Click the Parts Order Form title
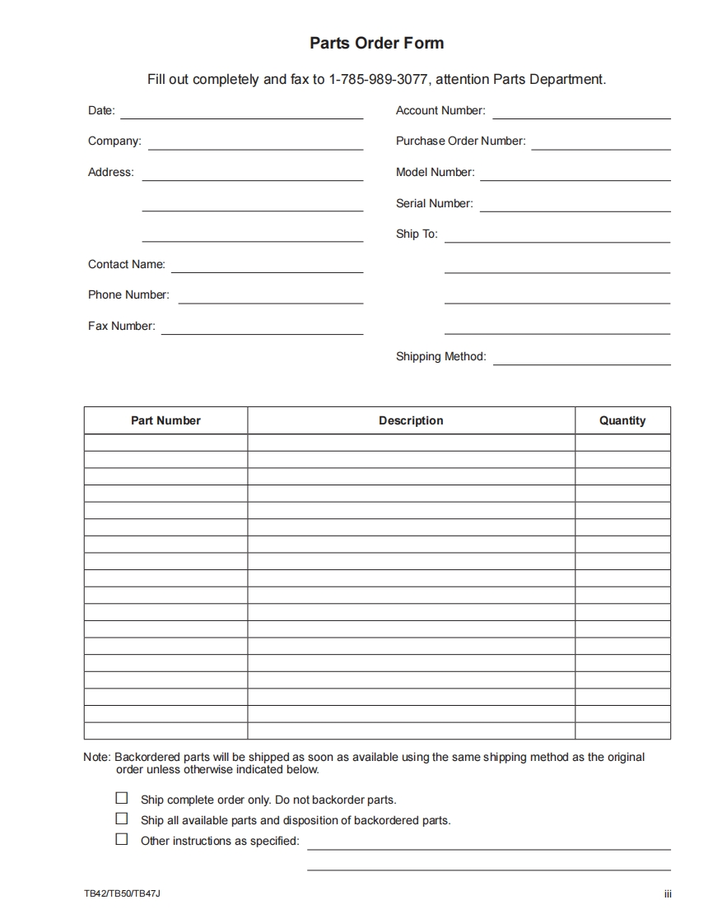coord(376,44)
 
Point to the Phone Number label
coord(128,295)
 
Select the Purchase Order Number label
coord(460,141)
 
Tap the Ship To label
coord(417,234)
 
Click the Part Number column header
coord(165,420)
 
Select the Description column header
coord(411,420)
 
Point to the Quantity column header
coord(622,420)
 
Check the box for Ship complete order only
coord(122,798)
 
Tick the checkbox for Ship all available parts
coord(122,819)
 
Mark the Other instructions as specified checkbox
coord(122,839)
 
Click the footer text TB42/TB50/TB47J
coord(122,893)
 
